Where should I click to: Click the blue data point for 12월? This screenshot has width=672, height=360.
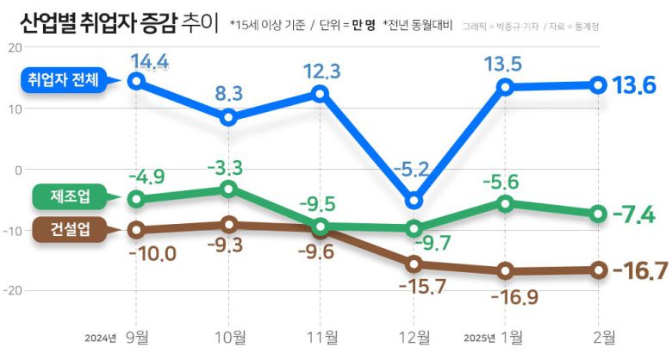coord(414,202)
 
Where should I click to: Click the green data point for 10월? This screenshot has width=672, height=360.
coord(228,188)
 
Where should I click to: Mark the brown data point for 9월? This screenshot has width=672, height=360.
coord(136,230)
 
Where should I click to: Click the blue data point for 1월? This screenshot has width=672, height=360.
coord(506,86)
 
